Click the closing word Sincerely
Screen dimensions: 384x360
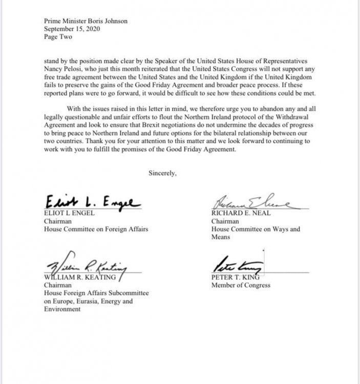(x=162, y=173)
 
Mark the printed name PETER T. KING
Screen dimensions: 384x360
(x=233, y=277)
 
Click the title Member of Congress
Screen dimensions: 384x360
(x=240, y=285)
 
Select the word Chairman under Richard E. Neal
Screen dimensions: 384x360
(x=224, y=222)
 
